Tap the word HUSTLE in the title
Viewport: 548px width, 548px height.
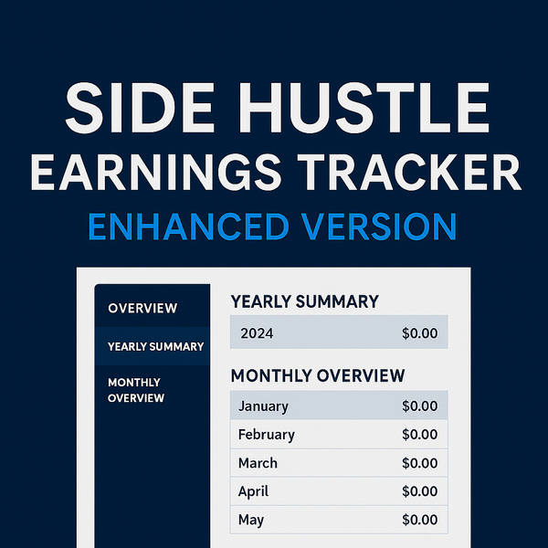364,108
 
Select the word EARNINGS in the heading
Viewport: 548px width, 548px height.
156,173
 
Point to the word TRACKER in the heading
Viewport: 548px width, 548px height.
409,173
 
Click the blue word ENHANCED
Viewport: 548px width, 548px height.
189,227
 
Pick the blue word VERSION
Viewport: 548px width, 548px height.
380,227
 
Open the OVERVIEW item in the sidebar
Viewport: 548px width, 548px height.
142,309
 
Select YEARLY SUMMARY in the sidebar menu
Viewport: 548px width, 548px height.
156,347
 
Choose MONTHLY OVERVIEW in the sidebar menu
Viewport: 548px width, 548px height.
136,390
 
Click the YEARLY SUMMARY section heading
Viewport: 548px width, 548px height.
305,301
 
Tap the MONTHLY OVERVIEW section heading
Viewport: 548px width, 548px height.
318,375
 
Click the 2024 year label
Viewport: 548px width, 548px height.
257,333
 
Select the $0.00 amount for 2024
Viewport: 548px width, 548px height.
420,333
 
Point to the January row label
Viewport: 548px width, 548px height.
264,406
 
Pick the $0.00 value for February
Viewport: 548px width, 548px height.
420,435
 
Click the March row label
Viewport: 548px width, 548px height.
258,463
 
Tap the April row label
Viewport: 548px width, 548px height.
253,491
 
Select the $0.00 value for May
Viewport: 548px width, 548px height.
420,520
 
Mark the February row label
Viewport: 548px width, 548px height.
267,435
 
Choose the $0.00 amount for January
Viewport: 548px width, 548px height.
420,406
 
